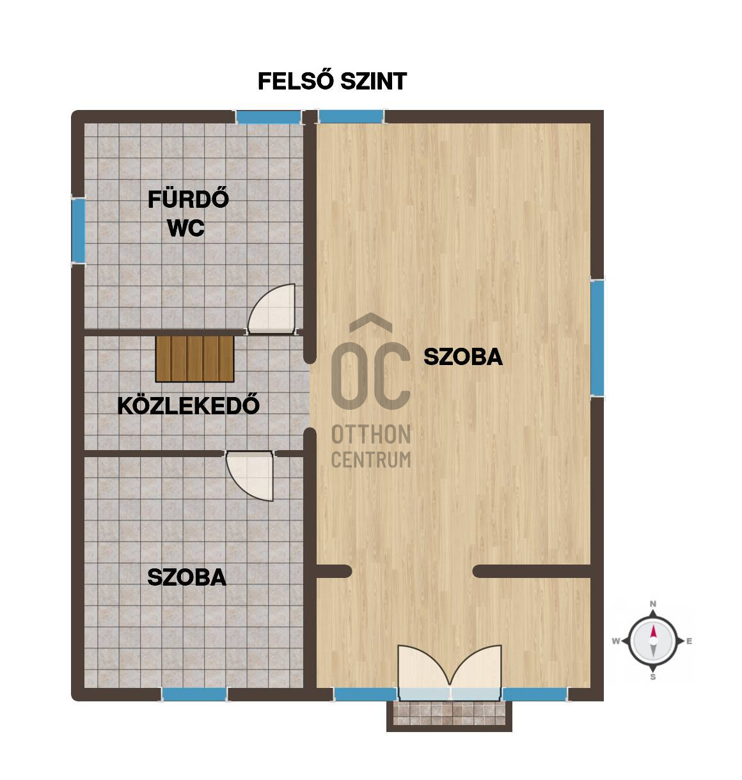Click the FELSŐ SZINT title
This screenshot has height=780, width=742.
332,82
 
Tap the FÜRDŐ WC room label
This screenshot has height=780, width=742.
187,214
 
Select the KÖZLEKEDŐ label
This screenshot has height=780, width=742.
189,405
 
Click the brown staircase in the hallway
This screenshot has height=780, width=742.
195,357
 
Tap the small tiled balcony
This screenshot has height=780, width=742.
449,714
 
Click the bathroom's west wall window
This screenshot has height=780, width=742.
78,230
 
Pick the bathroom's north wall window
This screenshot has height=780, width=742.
268,117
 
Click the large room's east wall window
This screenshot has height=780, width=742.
597,338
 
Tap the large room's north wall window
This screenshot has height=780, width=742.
351,116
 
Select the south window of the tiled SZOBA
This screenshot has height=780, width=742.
194,694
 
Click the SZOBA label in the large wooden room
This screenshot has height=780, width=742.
463,357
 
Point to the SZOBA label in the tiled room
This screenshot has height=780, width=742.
187,577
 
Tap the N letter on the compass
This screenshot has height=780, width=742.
653,604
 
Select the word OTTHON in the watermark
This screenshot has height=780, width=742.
371,435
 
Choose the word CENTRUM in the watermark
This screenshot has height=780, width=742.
371,459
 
